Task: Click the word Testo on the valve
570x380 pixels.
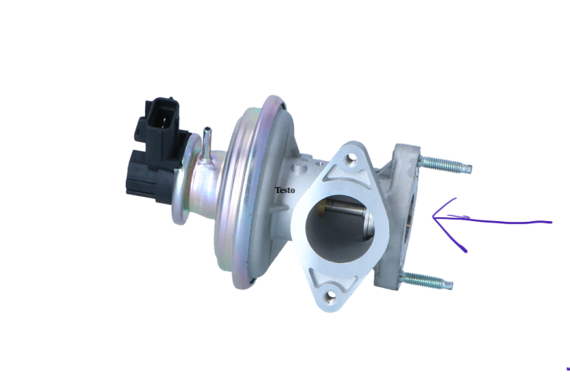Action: (x=284, y=190)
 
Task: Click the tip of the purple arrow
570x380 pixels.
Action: (x=432, y=218)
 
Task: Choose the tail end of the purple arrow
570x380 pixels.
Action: (x=551, y=222)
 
